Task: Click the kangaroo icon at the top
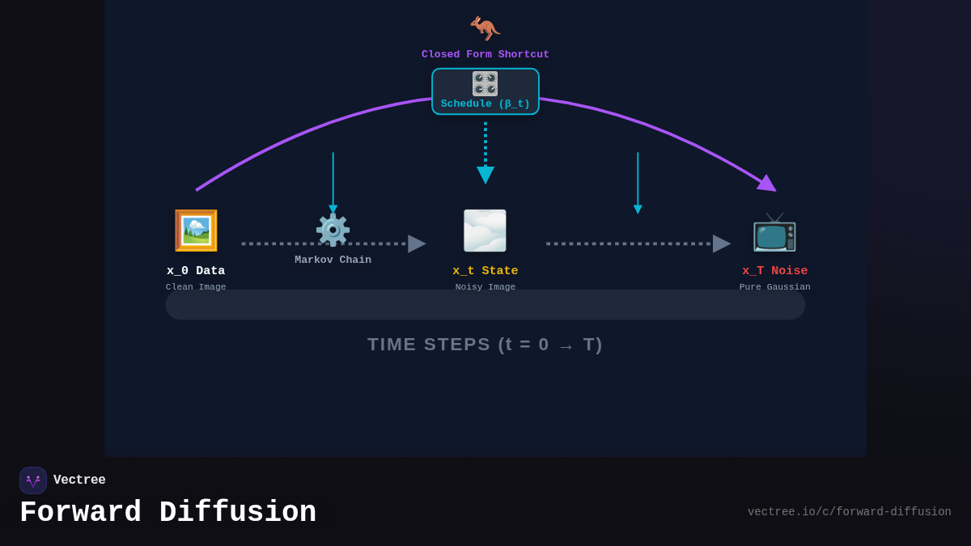click(x=485, y=28)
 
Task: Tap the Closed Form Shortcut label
click(x=485, y=55)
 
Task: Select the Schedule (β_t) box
click(x=485, y=91)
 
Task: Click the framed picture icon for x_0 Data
click(x=196, y=231)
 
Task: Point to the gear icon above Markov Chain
click(x=333, y=231)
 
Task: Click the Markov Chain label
click(x=333, y=260)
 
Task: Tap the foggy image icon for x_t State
click(x=485, y=231)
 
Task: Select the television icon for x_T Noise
click(x=774, y=233)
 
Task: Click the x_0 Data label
click(x=196, y=271)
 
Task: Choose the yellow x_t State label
click(x=485, y=271)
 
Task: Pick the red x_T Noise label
click(x=775, y=271)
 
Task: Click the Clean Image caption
click(x=196, y=287)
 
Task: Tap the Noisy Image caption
click(x=485, y=287)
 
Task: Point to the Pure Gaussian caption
click(x=775, y=287)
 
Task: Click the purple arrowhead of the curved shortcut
click(x=767, y=184)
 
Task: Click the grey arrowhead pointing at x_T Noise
click(x=721, y=243)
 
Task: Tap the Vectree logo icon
click(x=33, y=480)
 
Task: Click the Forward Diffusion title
click(x=167, y=513)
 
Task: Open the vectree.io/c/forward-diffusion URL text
click(x=849, y=512)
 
